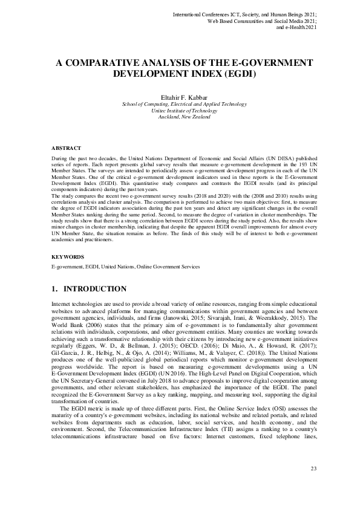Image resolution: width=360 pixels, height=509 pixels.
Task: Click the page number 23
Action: point(313,468)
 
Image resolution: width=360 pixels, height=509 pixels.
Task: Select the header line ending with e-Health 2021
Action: point(296,27)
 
